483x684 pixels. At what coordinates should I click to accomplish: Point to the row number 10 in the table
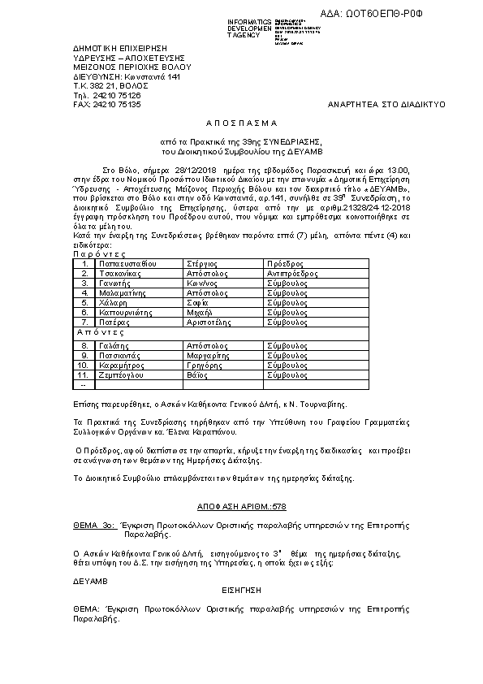click(x=82, y=365)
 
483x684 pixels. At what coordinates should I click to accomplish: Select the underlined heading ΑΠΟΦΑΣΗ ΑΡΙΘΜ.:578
click(x=241, y=506)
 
